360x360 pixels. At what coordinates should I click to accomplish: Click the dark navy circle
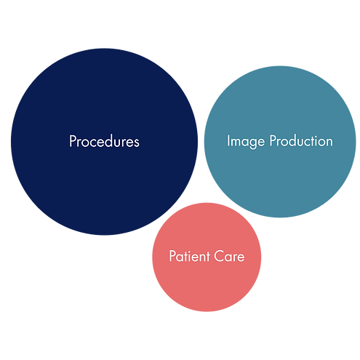[104, 142]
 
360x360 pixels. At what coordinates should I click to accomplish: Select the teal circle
[280, 142]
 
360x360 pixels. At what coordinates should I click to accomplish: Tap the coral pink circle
[207, 257]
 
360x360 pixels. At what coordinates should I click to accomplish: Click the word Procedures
[104, 141]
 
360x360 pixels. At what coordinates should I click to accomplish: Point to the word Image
[246, 142]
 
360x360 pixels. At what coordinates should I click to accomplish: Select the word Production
[301, 140]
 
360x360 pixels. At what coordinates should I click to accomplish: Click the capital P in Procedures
[72, 141]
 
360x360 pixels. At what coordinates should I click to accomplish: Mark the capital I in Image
[228, 140]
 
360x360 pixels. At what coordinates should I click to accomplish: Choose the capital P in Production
[273, 140]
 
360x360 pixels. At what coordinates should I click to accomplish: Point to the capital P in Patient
[172, 256]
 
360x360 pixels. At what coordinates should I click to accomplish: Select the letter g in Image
[252, 143]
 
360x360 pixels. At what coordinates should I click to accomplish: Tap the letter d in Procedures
[113, 141]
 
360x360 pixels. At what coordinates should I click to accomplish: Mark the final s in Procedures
[137, 143]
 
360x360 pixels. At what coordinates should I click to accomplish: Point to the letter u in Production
[303, 143]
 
